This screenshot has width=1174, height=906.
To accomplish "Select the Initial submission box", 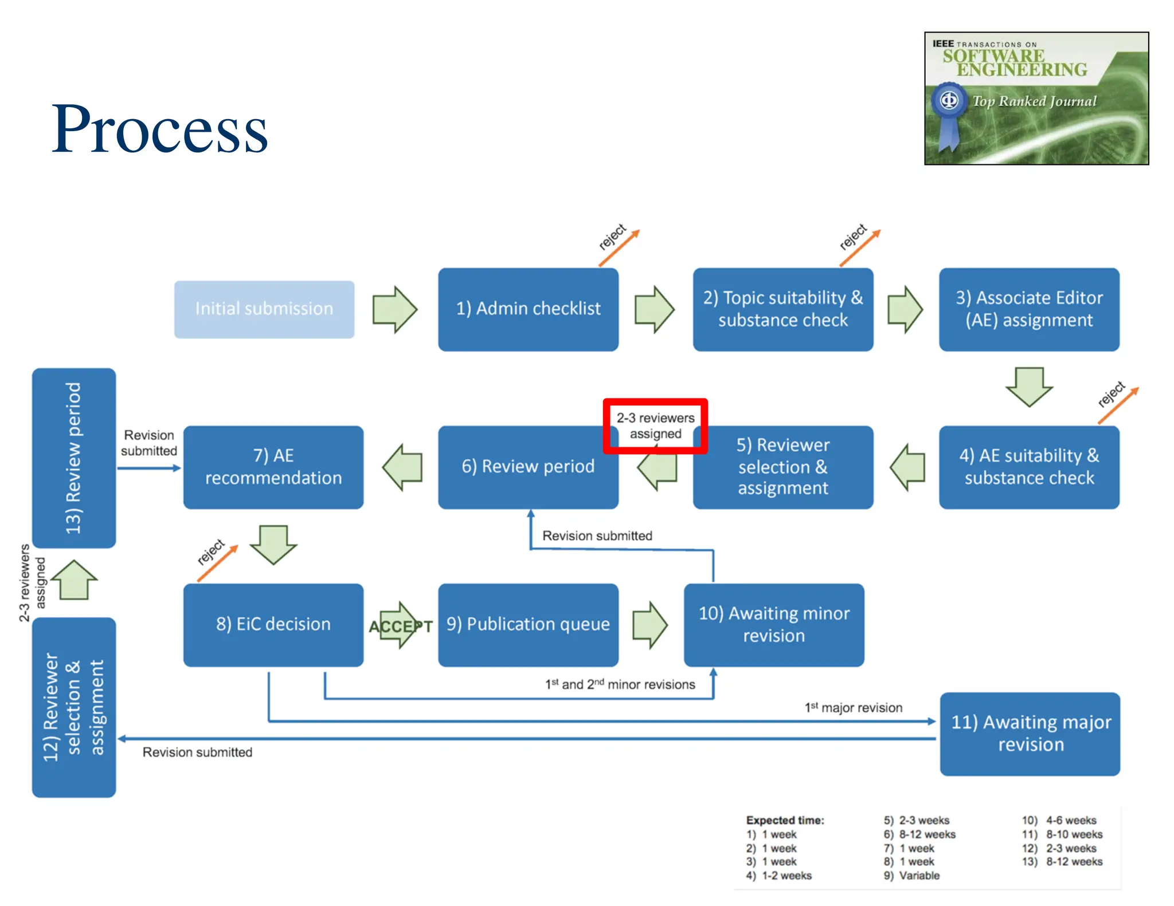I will pyautogui.click(x=264, y=309).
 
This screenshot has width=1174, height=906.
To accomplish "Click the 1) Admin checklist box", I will pyautogui.click(x=528, y=309).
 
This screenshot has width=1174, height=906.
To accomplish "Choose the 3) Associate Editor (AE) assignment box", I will pyautogui.click(x=1029, y=309).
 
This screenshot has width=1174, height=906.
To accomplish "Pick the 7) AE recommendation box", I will pyautogui.click(x=273, y=467).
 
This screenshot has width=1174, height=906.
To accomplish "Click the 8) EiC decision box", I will pyautogui.click(x=273, y=624).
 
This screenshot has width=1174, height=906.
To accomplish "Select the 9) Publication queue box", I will pyautogui.click(x=528, y=624).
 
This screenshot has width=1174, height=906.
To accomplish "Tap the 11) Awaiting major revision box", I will pyautogui.click(x=1030, y=734).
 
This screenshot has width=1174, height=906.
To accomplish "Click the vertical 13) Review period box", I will pyautogui.click(x=74, y=458).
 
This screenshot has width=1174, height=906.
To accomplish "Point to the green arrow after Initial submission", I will pyautogui.click(x=394, y=309).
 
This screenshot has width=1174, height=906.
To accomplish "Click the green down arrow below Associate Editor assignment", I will pyautogui.click(x=1029, y=387).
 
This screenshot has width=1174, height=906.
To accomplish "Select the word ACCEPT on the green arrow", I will pyautogui.click(x=401, y=627).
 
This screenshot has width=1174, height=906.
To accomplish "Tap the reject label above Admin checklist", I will pyautogui.click(x=612, y=237).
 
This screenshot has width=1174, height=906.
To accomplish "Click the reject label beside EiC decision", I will pyautogui.click(x=210, y=552).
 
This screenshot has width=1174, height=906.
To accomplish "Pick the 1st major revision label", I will pyautogui.click(x=854, y=708).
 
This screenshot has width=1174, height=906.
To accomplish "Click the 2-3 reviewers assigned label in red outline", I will pyautogui.click(x=655, y=426).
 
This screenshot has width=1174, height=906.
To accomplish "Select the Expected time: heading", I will pyautogui.click(x=785, y=820).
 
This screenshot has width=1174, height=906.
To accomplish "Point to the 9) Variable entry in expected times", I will pyautogui.click(x=911, y=875).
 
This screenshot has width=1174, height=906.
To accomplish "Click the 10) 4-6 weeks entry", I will pyautogui.click(x=1059, y=820).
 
